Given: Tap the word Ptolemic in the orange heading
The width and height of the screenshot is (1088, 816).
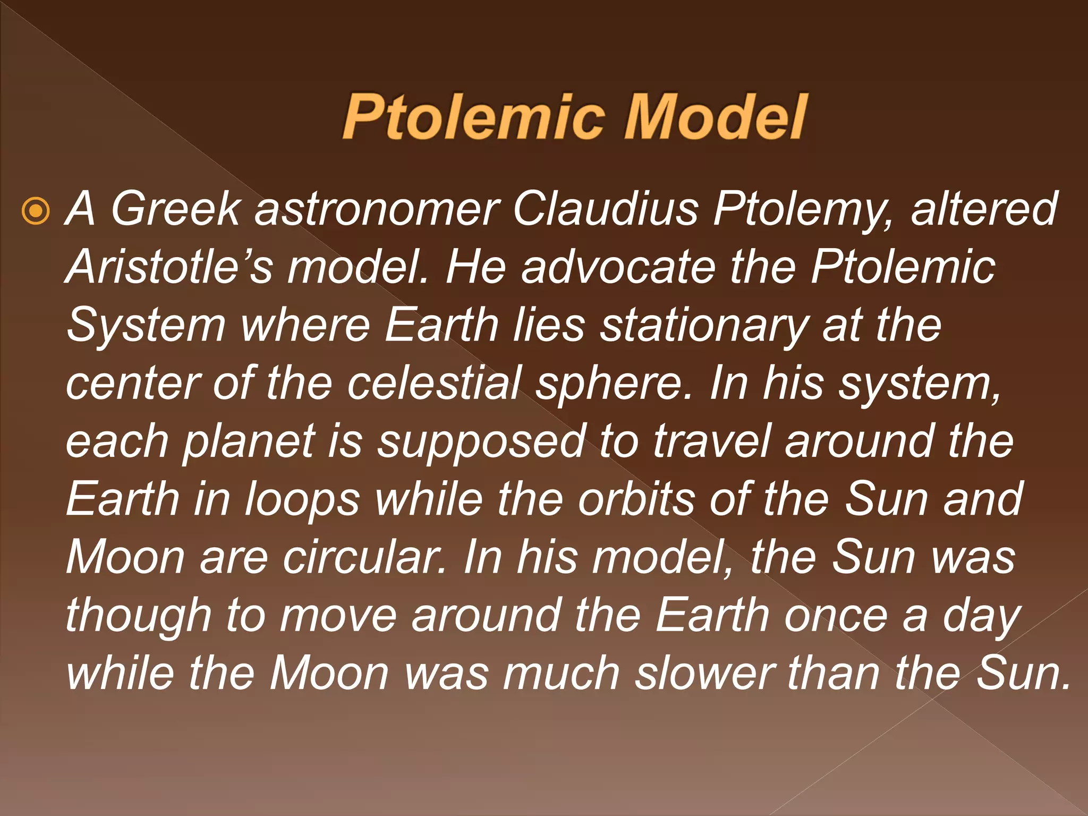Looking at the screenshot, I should coord(474,117).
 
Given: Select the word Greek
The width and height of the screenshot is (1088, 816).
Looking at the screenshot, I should coord(175,209).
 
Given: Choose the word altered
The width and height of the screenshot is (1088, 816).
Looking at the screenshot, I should coord(984,209).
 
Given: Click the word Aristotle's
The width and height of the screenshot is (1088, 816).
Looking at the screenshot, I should coord(169,267).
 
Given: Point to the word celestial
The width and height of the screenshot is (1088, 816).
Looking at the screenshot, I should coord(434,383).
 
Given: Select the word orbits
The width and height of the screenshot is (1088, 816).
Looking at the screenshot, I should coord(636,499).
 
